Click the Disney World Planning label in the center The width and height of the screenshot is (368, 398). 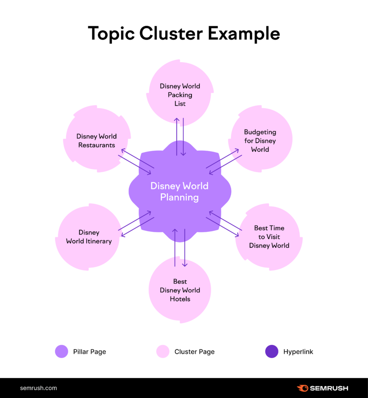coord(180,191)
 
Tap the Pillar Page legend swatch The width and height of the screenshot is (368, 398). coord(62,351)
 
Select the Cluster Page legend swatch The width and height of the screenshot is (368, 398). coord(163,351)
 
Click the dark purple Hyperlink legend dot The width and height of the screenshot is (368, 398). coord(271,351)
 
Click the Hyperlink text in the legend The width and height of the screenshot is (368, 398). coord(298,352)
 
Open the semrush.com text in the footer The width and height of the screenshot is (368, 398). coord(38,388)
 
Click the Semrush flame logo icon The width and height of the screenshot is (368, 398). coord(302,388)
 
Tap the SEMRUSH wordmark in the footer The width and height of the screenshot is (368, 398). coord(329,388)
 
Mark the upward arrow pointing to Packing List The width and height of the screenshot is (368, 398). coord(177,136)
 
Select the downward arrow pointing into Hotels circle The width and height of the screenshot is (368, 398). coord(185,249)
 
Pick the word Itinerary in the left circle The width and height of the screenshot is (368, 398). coord(100,241)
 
